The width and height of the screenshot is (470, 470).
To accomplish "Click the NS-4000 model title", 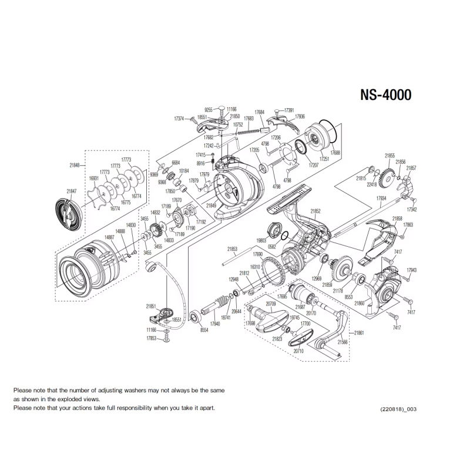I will point(385,95).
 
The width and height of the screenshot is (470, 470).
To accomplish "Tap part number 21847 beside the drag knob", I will point(72,190).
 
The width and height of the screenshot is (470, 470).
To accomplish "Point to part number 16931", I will point(94,178).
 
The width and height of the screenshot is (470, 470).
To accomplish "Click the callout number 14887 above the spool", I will point(109,237).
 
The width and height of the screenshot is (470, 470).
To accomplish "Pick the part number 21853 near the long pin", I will point(232,249).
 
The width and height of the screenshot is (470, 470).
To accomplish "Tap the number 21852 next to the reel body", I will point(315,211).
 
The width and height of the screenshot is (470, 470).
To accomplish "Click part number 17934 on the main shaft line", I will point(381,199).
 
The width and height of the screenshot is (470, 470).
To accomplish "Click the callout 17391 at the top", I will point(289,110).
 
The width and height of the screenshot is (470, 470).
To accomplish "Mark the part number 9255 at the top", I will point(208,110).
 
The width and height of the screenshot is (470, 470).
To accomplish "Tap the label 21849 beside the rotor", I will point(211,206).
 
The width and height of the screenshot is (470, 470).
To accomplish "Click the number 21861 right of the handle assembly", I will point(360,333).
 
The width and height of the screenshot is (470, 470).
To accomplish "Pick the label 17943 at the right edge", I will point(411,270).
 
